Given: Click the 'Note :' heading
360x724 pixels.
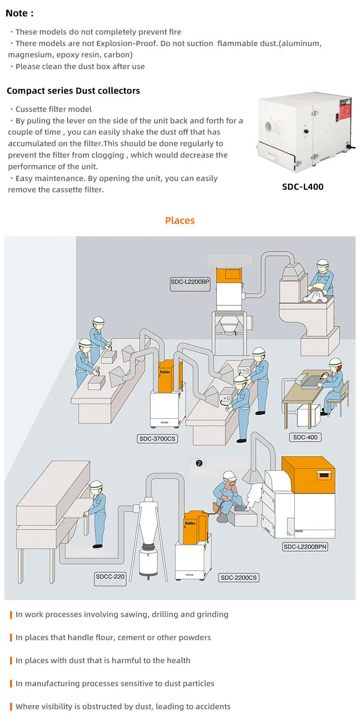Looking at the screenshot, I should click(20, 13).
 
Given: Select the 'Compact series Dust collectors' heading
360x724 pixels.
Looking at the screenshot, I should click(73, 91).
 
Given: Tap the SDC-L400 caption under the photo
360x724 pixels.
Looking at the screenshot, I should click(302, 186).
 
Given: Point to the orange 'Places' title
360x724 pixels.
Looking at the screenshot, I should click(180, 220).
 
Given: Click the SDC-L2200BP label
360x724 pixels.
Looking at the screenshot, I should click(190, 282).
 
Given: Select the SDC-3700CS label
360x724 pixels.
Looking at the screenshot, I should click(157, 438).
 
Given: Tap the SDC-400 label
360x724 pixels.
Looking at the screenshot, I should click(305, 437).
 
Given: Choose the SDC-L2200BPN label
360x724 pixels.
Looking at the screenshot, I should click(305, 546).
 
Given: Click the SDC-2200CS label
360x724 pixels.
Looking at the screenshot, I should click(239, 578).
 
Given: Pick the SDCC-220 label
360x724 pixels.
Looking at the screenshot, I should click(110, 576).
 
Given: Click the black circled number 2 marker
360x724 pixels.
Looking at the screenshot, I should click(199, 463).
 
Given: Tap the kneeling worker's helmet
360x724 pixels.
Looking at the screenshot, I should click(229, 475).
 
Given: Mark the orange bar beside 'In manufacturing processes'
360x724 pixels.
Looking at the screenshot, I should click(11, 683).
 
